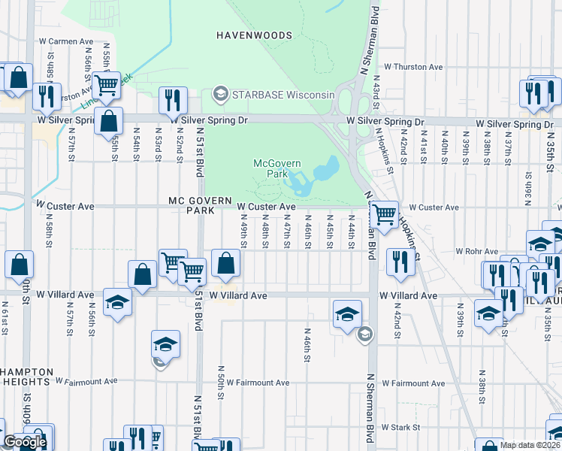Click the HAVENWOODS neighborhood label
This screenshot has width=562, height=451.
(254, 35)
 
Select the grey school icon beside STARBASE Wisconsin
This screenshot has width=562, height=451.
(220, 94)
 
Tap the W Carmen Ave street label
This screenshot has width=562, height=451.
(65, 41)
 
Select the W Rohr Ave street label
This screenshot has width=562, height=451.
(477, 251)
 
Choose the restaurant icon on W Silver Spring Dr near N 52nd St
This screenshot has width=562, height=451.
(174, 100)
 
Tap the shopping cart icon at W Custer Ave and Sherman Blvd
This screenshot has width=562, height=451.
(385, 213)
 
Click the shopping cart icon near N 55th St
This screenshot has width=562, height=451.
(107, 85)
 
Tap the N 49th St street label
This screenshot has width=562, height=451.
(244, 233)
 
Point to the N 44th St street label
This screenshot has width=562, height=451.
(352, 233)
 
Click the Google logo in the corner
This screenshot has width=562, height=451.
(25, 442)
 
